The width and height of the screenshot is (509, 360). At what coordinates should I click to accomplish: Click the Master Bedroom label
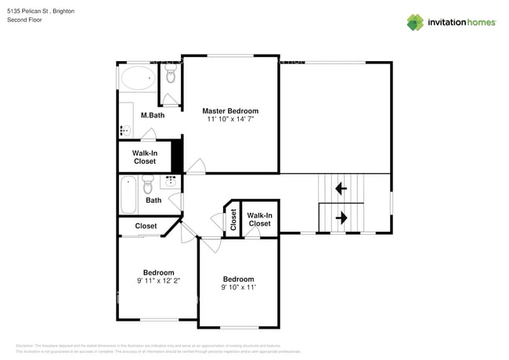coord(230,111)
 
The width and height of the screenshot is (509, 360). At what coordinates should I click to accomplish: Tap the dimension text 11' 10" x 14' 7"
coord(230,120)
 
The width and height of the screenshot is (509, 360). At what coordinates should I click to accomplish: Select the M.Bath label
coord(152,116)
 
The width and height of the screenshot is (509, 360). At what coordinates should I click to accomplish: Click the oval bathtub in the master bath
coord(139,78)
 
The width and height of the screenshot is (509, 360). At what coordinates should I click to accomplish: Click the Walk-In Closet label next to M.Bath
coord(144,157)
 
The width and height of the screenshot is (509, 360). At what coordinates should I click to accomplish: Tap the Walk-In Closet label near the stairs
coord(259,219)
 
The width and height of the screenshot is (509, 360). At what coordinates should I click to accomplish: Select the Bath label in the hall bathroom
coord(153,200)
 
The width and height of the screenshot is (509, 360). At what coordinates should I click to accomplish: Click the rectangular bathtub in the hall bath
coord(128,196)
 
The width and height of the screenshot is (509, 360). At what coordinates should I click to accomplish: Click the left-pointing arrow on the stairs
coord(341,188)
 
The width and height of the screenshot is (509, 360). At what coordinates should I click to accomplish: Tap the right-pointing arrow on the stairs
coord(341,216)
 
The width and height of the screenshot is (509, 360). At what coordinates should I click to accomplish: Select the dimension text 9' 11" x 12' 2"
coord(158,281)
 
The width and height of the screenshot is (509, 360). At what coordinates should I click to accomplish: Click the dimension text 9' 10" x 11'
coord(238,287)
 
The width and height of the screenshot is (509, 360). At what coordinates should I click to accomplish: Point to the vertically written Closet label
coord(233,220)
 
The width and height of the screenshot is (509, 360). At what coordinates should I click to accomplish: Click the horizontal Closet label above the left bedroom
coord(146,226)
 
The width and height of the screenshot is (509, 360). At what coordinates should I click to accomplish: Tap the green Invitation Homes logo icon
coord(415,22)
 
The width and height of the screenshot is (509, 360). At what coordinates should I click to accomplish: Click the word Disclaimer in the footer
coord(27,345)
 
